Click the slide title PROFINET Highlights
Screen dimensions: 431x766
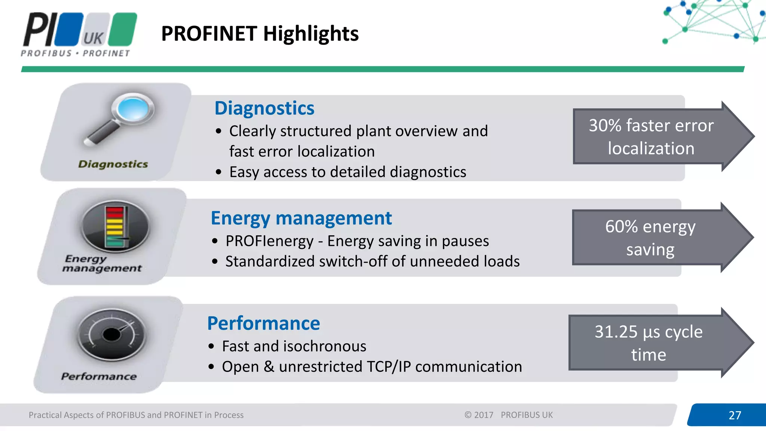pyautogui.click(x=260, y=34)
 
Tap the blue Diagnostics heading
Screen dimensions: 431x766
pyautogui.click(x=264, y=108)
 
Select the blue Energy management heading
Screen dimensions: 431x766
pyautogui.click(x=301, y=218)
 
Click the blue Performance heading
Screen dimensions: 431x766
pyautogui.click(x=263, y=324)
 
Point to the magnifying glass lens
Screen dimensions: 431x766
pyautogui.click(x=133, y=108)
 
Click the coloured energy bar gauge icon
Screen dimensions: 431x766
pyautogui.click(x=115, y=226)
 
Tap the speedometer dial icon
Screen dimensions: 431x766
pyautogui.click(x=111, y=334)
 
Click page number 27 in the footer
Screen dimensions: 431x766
pyautogui.click(x=735, y=415)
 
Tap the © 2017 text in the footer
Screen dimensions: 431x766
pyautogui.click(x=479, y=415)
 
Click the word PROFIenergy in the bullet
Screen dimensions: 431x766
pyautogui.click(x=269, y=241)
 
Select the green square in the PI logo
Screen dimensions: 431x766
pyautogui.click(x=124, y=29)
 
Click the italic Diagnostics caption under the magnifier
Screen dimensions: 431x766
pyautogui.click(x=113, y=164)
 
